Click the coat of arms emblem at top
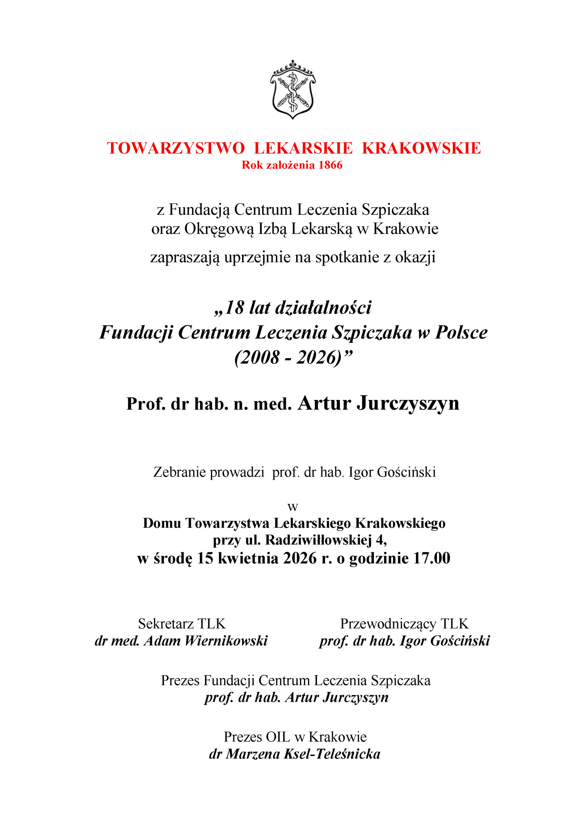[292, 90]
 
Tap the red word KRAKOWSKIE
[421, 148]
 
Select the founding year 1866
[330, 165]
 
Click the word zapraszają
[185, 257]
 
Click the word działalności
[323, 308]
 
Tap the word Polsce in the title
[461, 333]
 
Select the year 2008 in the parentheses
[258, 358]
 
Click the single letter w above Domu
[292, 507]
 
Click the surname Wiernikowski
[226, 641]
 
